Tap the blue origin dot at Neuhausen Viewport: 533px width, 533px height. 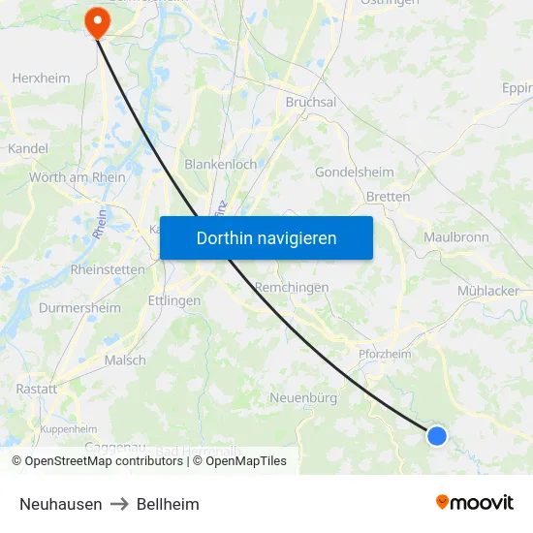point(437,436)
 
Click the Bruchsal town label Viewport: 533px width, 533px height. point(311,102)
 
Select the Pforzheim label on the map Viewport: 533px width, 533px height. point(385,355)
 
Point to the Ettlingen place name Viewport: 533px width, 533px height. point(174,300)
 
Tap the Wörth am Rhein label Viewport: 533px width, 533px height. point(78,177)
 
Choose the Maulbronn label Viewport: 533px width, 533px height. point(456,236)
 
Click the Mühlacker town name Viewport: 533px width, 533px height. point(488,291)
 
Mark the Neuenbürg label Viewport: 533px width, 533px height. point(303,398)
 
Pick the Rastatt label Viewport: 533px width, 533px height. point(36,388)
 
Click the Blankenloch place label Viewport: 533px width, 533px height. point(221,165)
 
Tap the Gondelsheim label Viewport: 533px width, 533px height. point(355,172)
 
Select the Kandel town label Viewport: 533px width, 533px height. point(27,149)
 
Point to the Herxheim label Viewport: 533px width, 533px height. point(41,78)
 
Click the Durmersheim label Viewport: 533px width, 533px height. point(79,308)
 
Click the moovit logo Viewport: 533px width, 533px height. point(475,503)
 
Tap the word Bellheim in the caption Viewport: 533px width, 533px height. point(168,504)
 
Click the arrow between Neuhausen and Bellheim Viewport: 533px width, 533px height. point(119,504)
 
